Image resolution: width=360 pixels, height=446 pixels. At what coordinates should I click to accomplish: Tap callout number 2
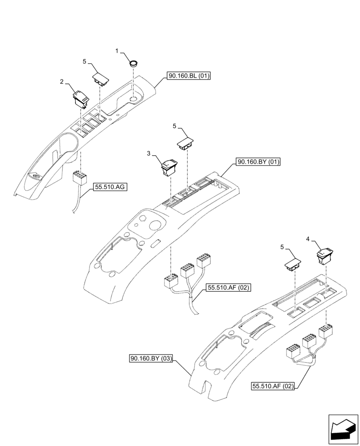[x=62, y=82]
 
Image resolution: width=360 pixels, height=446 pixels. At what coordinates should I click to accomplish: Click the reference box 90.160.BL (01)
[x=189, y=76]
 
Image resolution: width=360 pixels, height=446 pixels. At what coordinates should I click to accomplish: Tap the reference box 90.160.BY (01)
[x=258, y=162]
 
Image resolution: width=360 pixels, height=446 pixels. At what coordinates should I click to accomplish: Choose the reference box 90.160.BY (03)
[x=151, y=359]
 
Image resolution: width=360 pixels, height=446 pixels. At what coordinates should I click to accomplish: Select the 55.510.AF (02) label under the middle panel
[x=228, y=289]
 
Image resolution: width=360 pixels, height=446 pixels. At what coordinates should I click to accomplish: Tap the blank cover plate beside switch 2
[x=101, y=78]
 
